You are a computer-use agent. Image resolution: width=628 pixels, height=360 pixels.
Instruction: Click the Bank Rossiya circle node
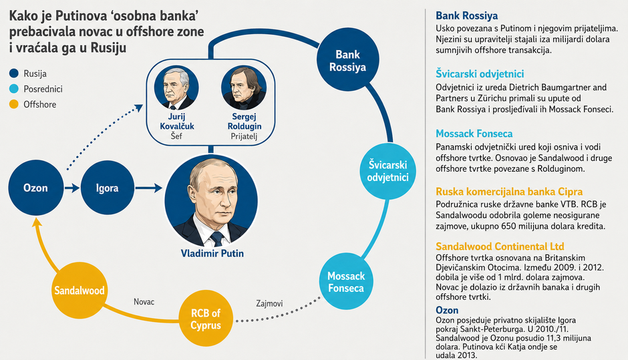click(x=347, y=61)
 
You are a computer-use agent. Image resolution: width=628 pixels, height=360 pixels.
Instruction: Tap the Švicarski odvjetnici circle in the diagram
click(x=387, y=171)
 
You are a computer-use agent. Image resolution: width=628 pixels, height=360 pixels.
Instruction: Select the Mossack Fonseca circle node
click(x=346, y=282)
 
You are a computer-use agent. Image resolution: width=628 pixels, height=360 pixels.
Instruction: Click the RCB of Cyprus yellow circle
click(x=206, y=319)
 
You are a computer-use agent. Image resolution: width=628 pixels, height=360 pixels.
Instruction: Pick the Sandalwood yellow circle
click(x=80, y=290)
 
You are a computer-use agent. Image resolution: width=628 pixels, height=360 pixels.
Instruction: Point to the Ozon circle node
click(x=35, y=188)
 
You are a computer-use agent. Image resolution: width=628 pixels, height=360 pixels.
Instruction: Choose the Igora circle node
click(x=108, y=188)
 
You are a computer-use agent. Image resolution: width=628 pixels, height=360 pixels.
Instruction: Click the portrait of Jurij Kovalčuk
click(x=176, y=88)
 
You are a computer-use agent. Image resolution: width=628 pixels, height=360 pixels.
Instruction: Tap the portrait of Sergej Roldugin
click(x=244, y=88)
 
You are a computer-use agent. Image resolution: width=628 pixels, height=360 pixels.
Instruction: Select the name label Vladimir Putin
click(x=212, y=254)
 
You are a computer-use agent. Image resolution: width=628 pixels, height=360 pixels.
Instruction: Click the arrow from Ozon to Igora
click(x=72, y=188)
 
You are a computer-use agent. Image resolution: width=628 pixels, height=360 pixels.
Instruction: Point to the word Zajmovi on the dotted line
click(x=269, y=303)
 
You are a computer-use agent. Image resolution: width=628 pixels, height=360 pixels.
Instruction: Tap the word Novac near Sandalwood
click(x=144, y=302)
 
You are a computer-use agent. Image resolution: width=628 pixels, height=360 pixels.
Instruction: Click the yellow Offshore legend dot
click(x=14, y=104)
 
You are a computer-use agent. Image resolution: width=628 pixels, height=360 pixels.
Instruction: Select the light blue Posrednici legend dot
click(x=14, y=89)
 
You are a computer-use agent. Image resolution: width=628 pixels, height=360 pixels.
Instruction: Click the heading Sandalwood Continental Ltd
click(x=500, y=246)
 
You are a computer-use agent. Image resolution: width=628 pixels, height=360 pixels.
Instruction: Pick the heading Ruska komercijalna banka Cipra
click(x=509, y=192)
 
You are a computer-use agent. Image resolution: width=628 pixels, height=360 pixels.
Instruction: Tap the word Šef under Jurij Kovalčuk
click(x=176, y=136)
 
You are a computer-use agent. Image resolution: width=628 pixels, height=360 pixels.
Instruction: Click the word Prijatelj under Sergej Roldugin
click(x=244, y=136)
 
